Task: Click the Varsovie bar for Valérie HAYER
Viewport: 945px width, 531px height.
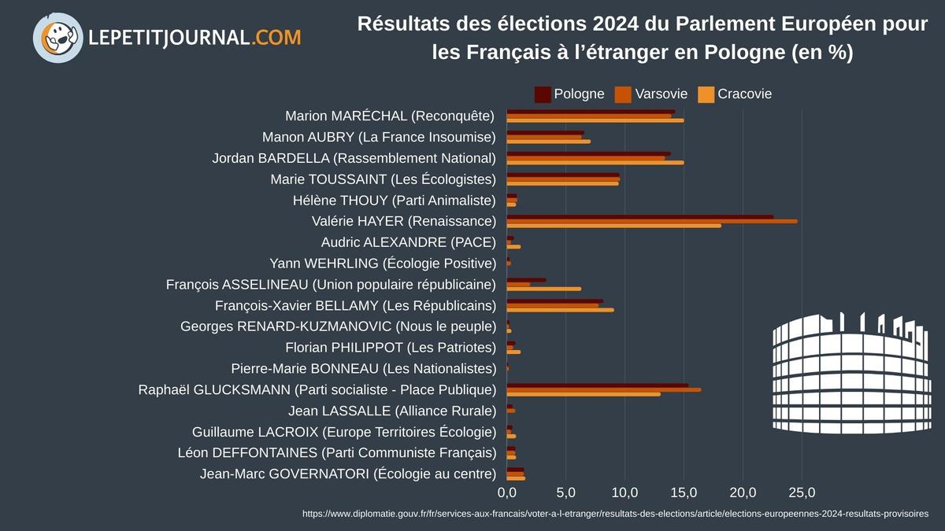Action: coord(651,221)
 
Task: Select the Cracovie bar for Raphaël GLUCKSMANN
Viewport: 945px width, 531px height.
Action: coord(583,393)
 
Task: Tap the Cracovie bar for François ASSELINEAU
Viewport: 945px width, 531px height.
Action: coord(543,289)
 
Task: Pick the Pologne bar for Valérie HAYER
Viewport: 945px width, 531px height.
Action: coord(639,217)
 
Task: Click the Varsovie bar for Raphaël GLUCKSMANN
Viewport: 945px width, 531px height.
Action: coord(603,389)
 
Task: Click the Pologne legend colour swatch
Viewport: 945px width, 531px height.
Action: coord(543,94)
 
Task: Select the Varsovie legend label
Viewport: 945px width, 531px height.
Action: coord(661,94)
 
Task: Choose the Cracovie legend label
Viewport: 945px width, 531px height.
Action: coord(744,94)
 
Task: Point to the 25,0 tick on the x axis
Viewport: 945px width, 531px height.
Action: coord(802,493)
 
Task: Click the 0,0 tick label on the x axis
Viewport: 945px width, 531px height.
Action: coord(506,493)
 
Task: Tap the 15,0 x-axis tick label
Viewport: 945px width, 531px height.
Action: coord(684,493)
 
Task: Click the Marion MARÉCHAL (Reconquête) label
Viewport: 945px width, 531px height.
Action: coord(390,116)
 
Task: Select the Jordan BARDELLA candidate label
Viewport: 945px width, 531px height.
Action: coord(354,158)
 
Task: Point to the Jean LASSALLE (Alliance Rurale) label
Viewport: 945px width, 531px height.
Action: coord(392,411)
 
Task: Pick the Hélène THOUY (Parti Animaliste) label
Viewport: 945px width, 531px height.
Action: coord(394,200)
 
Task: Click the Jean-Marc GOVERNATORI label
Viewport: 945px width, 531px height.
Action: coord(348,474)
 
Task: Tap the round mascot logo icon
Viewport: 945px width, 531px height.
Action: coord(58,37)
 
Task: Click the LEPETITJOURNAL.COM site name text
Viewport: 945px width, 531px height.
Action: coord(195,37)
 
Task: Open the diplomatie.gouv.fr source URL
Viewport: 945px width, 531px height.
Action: coord(615,514)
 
